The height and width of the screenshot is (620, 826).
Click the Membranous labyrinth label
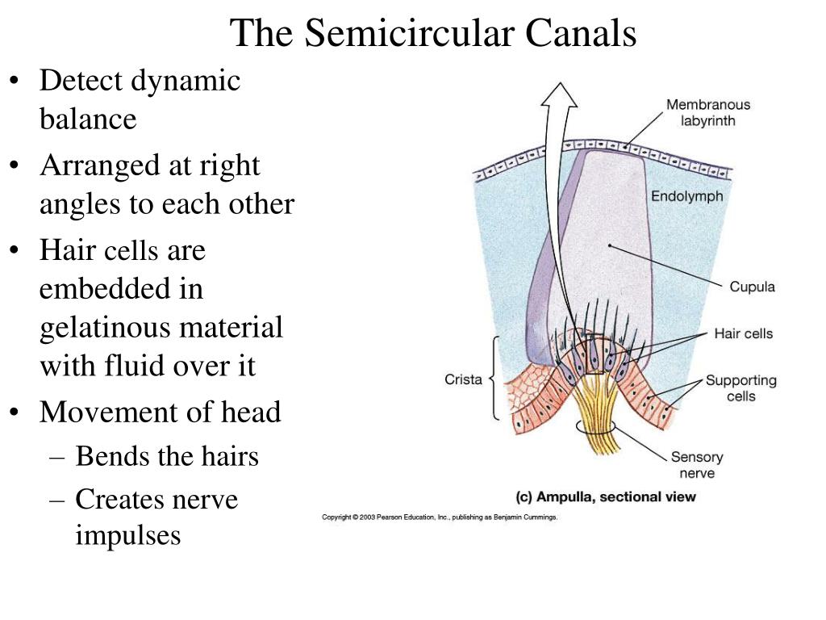[x=708, y=112]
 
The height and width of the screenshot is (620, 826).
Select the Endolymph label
[x=687, y=197]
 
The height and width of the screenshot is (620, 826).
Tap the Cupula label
[x=753, y=287]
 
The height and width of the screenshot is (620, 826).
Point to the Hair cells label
[x=743, y=333]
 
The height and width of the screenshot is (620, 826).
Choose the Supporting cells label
[x=741, y=388]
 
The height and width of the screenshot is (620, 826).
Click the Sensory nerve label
[x=697, y=465]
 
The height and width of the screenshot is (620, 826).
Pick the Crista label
[x=463, y=379]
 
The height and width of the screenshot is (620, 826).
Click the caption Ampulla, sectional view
[x=606, y=496]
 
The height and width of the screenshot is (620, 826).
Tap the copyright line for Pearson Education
[x=440, y=517]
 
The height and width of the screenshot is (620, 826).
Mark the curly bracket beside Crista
[x=495, y=378]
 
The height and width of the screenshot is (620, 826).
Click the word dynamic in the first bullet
[x=186, y=82]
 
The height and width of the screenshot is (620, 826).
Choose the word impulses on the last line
[x=128, y=537]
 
